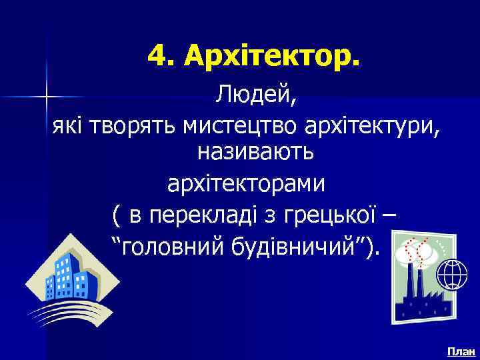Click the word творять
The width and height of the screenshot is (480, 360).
[128, 127]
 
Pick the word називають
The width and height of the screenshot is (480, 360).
[255, 153]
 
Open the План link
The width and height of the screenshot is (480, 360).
[461, 351]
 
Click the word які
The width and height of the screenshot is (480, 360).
[67, 127]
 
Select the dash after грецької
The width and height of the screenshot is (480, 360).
[389, 217]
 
